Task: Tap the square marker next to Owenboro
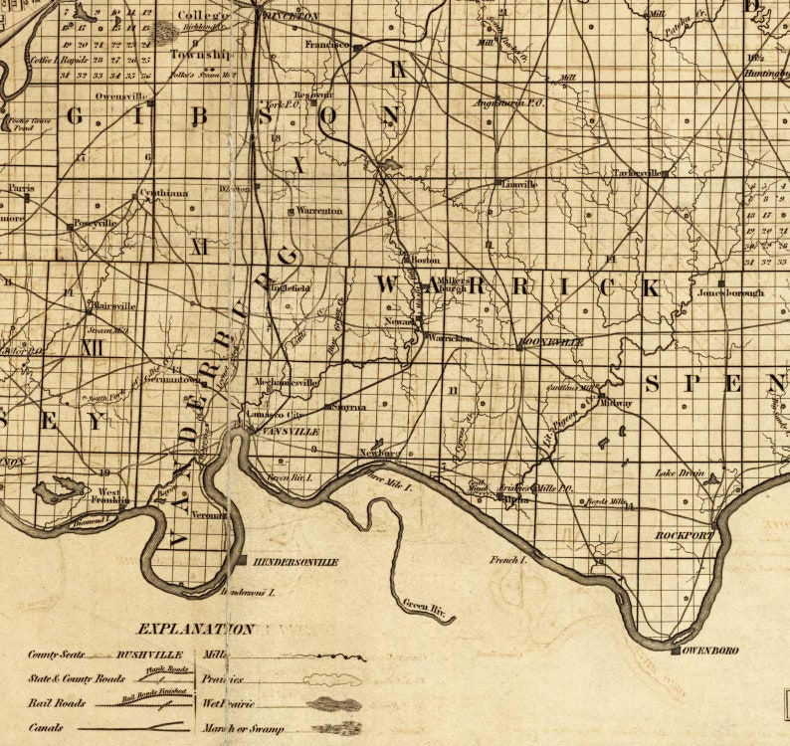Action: point(676,651)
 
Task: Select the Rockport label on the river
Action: point(685,535)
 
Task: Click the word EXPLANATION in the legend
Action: point(195,629)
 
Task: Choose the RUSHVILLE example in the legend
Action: point(150,655)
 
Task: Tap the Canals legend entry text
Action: point(47,728)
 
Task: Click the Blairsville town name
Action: point(112,306)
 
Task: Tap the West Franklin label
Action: point(110,497)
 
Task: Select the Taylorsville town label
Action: point(637,173)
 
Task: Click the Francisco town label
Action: point(327,45)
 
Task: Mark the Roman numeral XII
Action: point(94,348)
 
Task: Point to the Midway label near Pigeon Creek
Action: point(617,403)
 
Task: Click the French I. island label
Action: point(504,561)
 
